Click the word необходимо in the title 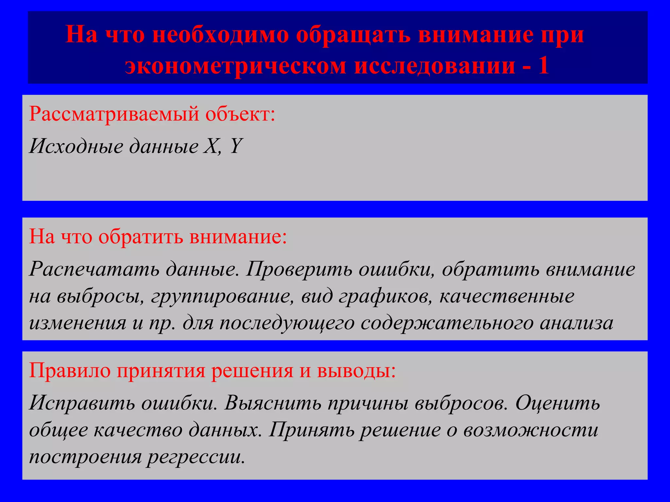(220, 35)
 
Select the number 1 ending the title (543, 65)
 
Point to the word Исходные (76, 146)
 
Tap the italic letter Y (236, 146)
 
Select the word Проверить (299, 270)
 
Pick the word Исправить (82, 403)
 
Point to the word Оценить (558, 403)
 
